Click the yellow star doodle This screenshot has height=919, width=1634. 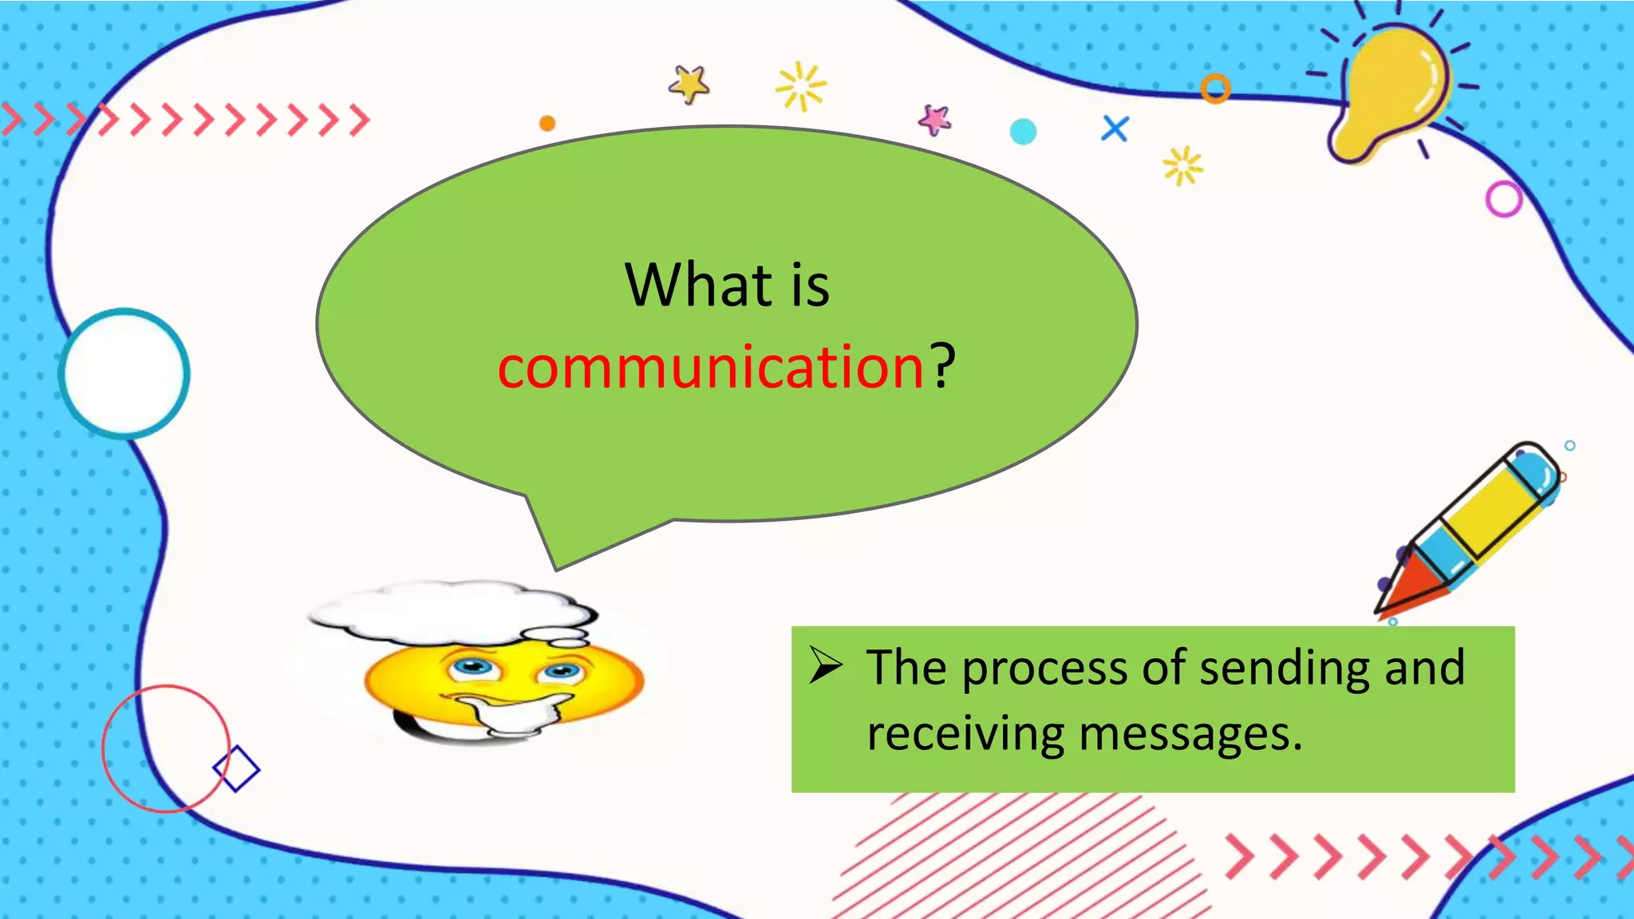(x=689, y=84)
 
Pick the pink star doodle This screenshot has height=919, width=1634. (x=934, y=120)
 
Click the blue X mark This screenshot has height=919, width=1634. (x=1115, y=128)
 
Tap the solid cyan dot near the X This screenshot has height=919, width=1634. (x=1023, y=132)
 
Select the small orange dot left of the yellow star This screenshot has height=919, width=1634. (x=547, y=123)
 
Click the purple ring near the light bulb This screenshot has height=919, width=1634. (x=1504, y=199)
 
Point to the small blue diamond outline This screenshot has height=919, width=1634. (x=236, y=769)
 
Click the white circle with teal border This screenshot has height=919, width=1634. (x=124, y=373)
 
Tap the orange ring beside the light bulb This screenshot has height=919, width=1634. (x=1215, y=89)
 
